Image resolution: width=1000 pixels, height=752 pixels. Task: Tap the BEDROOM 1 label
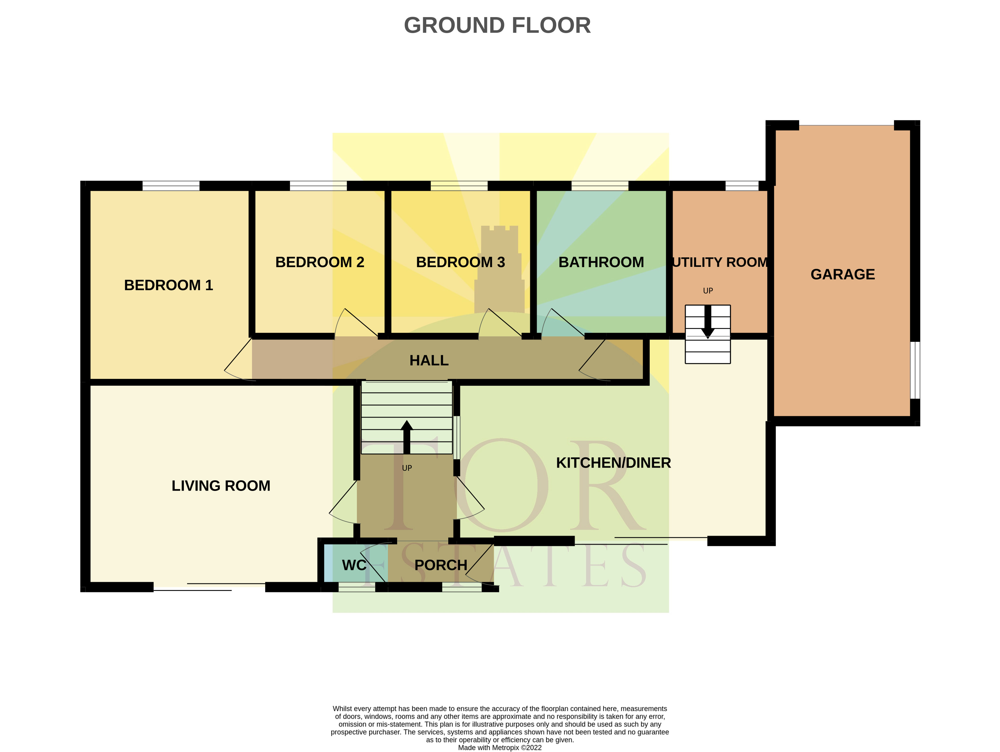[x=168, y=285]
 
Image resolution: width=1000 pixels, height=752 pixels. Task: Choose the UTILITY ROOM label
[x=720, y=262]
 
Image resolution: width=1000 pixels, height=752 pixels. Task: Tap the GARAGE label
[x=842, y=274]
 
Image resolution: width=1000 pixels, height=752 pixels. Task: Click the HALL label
[x=429, y=360]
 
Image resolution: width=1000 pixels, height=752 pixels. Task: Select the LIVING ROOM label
[x=221, y=486]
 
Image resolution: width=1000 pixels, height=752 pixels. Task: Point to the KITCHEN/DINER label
[x=613, y=463]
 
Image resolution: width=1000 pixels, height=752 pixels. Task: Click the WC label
[x=354, y=565]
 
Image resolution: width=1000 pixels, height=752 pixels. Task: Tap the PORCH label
[x=440, y=565]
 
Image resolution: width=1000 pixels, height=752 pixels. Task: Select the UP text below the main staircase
[x=406, y=468]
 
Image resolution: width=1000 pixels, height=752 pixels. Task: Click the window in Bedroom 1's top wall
[x=171, y=185]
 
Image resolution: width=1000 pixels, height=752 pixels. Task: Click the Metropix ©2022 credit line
[x=500, y=747]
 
